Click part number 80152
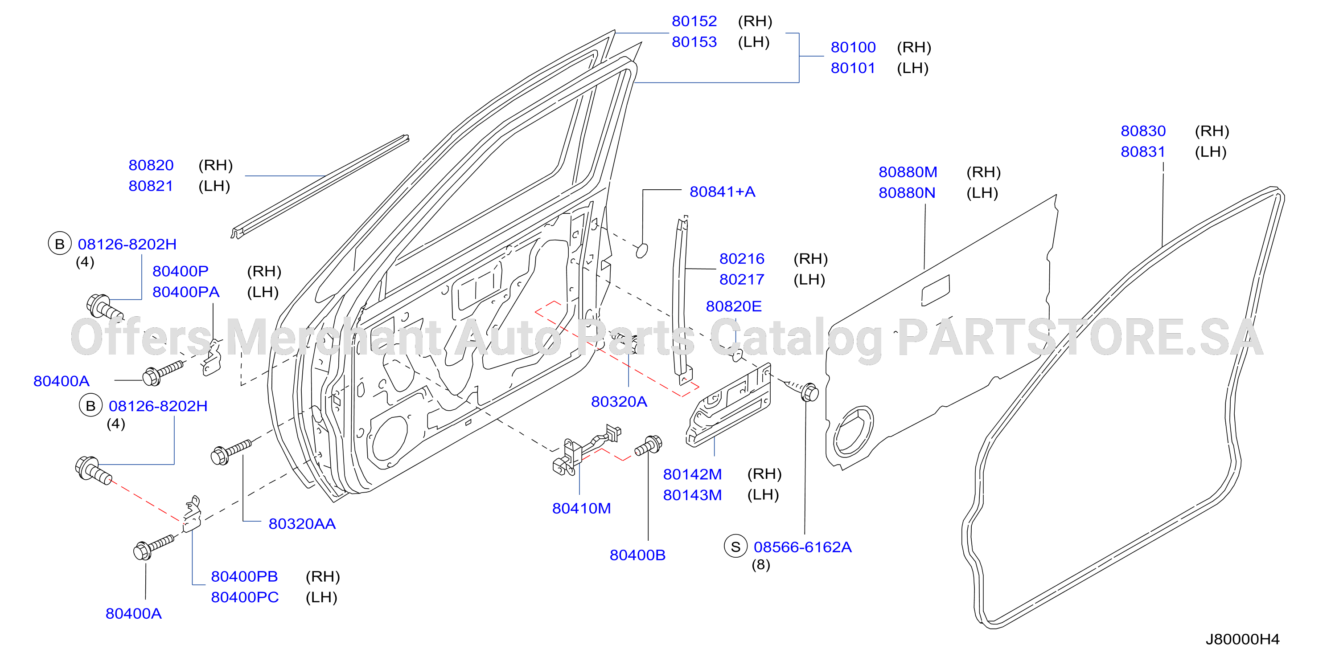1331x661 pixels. tap(694, 21)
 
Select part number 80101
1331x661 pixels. tap(853, 68)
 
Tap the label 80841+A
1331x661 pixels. tap(723, 192)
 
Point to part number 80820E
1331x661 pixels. tap(734, 307)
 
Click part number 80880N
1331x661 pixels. tap(907, 193)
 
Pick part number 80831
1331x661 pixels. tap(1143, 152)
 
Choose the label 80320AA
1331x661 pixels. tap(302, 524)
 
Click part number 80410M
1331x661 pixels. tap(581, 509)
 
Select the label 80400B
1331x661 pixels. tap(637, 555)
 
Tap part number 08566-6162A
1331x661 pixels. tap(802, 547)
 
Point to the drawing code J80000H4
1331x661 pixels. tap(1243, 639)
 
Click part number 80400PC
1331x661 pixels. tap(245, 597)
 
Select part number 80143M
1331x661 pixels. tap(692, 495)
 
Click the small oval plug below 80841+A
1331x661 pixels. tap(642, 250)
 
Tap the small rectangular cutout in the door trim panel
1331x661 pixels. tap(936, 290)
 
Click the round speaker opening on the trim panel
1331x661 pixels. tap(853, 431)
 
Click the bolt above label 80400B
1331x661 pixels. tap(649, 446)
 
